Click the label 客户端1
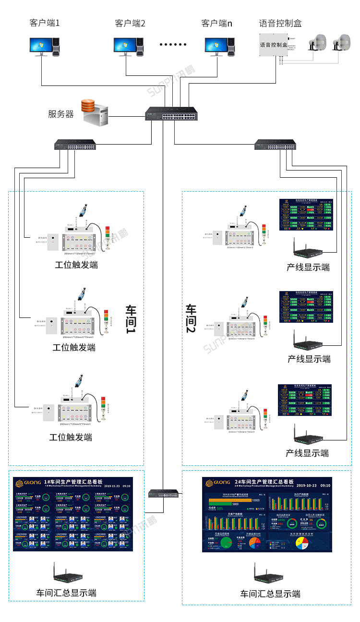point(45,23)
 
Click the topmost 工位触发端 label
point(76,265)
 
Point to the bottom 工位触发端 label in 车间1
point(71,437)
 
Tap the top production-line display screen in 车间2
point(306,215)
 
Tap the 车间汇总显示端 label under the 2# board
point(270,594)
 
